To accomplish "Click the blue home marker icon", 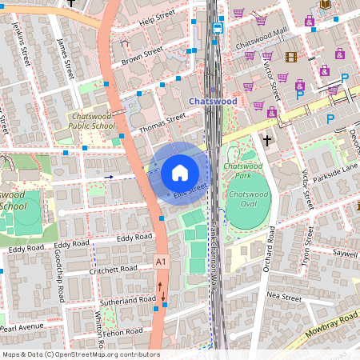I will pyautogui.click(x=180, y=172).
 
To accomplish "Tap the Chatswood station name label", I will pyautogui.click(x=214, y=102).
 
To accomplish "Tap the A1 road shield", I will pyautogui.click(x=162, y=262).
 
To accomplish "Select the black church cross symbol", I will pyautogui.click(x=266, y=140).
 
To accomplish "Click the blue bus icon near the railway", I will pyautogui.click(x=218, y=26).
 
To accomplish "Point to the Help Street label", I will pyautogui.click(x=156, y=17).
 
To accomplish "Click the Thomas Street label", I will pyautogui.click(x=162, y=121).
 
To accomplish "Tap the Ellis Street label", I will pyautogui.click(x=190, y=190).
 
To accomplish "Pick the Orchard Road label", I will pyautogui.click(x=269, y=249).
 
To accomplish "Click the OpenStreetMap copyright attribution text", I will pyautogui.click(x=80, y=354).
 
